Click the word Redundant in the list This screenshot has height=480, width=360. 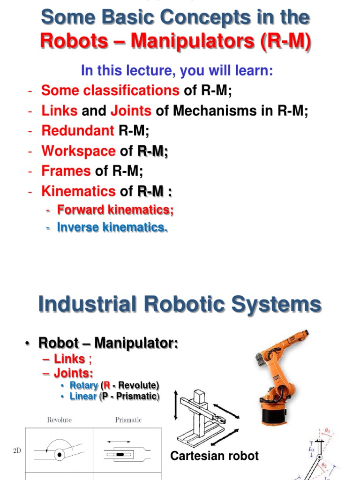click(77, 131)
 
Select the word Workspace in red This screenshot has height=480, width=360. click(78, 151)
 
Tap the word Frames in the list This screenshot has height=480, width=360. click(66, 171)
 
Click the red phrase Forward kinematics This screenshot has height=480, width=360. click(115, 210)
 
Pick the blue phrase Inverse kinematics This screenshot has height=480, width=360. click(112, 228)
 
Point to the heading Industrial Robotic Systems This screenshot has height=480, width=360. click(180, 304)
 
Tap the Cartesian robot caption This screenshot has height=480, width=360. click(214, 456)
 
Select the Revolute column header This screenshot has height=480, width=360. click(59, 420)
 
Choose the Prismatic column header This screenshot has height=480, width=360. click(128, 420)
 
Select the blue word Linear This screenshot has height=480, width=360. click(83, 397)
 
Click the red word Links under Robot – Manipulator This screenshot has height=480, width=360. click(69, 359)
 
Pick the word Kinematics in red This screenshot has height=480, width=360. click(78, 191)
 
